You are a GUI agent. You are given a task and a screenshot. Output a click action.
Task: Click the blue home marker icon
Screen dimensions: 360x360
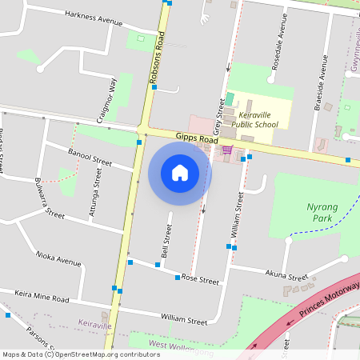[180, 173]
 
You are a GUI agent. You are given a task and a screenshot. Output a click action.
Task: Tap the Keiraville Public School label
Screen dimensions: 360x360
[256, 119]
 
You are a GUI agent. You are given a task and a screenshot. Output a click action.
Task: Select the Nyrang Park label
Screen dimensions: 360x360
[323, 211]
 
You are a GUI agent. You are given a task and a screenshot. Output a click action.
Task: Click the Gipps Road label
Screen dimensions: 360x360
[197, 139]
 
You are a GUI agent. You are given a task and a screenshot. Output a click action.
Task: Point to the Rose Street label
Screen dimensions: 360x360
[200, 281]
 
